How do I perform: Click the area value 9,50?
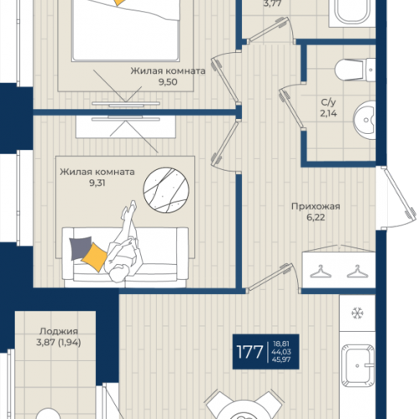(x=168, y=82)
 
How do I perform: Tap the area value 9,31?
(x=97, y=184)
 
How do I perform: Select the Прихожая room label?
(x=316, y=207)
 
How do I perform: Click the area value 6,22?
(x=316, y=217)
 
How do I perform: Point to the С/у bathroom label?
(x=328, y=102)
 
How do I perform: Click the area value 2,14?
(x=328, y=113)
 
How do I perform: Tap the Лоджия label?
(x=59, y=332)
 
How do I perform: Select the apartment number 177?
(x=249, y=352)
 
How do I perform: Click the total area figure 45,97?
(x=281, y=360)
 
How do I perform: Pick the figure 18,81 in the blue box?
(x=280, y=344)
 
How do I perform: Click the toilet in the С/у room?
(x=355, y=70)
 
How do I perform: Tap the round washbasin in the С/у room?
(x=364, y=120)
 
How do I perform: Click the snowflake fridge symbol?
(x=357, y=313)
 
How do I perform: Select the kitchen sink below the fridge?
(x=358, y=365)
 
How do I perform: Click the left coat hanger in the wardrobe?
(x=321, y=272)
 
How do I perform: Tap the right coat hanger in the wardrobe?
(x=357, y=272)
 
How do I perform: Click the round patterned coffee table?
(x=166, y=190)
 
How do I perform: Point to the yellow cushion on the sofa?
(x=94, y=257)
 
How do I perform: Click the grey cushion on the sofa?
(x=80, y=247)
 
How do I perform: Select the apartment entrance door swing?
(x=396, y=198)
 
